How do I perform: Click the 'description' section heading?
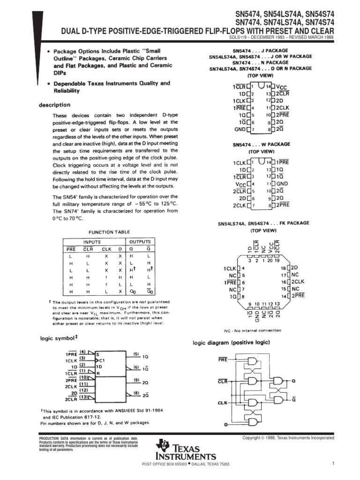point(55,105)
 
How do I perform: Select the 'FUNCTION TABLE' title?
point(110,232)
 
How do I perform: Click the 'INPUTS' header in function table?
point(92,242)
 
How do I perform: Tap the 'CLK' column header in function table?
point(106,249)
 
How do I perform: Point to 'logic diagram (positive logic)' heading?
point(232,343)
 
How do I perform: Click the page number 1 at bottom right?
point(332,464)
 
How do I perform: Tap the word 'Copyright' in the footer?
point(251,438)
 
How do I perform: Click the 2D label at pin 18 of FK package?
point(297,267)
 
